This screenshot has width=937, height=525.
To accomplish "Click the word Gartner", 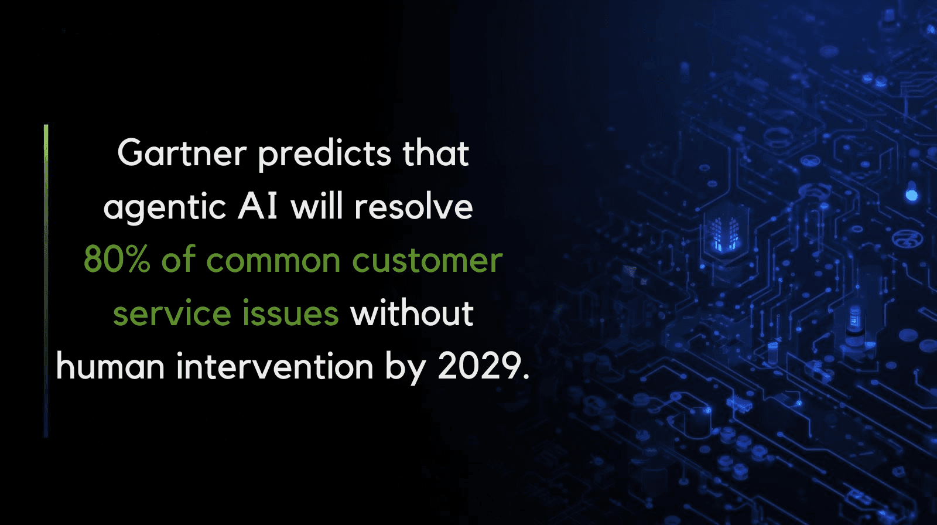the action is [182, 154].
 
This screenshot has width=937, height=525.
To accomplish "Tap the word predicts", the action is [324, 155].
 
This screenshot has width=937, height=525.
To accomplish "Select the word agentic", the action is [165, 208].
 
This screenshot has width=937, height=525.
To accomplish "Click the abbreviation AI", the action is [258, 206].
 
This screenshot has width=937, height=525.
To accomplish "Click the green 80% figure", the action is [117, 260].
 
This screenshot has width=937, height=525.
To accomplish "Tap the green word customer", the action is [427, 260].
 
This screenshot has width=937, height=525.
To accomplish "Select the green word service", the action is [172, 313].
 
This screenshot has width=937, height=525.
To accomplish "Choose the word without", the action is [412, 312].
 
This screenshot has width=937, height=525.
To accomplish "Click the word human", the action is [111, 366].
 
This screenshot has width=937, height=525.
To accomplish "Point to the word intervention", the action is [275, 366].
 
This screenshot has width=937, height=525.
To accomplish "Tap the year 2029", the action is [480, 366].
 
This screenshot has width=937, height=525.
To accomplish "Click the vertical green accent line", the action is [46, 281].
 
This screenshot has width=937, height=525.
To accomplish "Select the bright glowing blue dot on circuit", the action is [911, 195].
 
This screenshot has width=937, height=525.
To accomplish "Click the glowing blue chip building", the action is [724, 233].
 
